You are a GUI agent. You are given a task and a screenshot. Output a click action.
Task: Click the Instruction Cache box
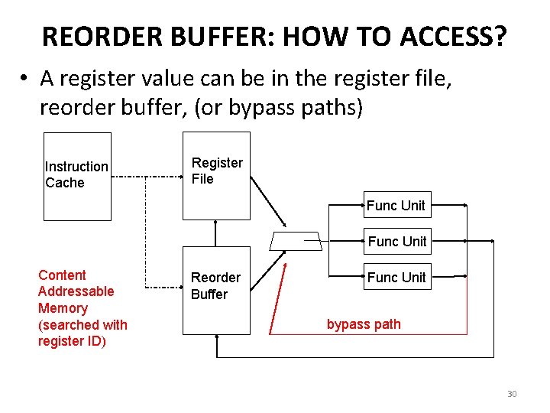click(x=77, y=176)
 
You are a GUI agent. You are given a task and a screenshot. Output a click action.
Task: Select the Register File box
click(x=216, y=176)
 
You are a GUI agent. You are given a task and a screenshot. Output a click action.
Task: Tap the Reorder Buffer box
click(x=216, y=290)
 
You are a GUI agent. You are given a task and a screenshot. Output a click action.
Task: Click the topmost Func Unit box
click(x=396, y=205)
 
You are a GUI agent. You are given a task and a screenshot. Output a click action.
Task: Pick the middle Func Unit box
click(x=396, y=241)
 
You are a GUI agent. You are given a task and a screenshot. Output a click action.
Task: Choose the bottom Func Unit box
click(x=396, y=277)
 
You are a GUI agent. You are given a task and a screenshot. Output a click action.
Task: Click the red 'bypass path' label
click(x=364, y=324)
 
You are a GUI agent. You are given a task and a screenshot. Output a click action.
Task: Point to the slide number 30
click(x=512, y=394)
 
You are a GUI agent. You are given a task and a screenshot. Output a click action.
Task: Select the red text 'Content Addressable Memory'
click(x=76, y=291)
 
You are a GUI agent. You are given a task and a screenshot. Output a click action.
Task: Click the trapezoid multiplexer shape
click(x=296, y=241)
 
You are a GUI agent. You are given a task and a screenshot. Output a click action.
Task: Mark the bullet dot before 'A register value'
click(x=25, y=79)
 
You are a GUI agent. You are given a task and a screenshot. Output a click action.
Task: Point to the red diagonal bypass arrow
click(x=277, y=298)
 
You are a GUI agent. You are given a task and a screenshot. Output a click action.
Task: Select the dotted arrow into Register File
click(x=164, y=177)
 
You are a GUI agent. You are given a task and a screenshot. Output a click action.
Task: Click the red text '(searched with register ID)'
click(x=82, y=333)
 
